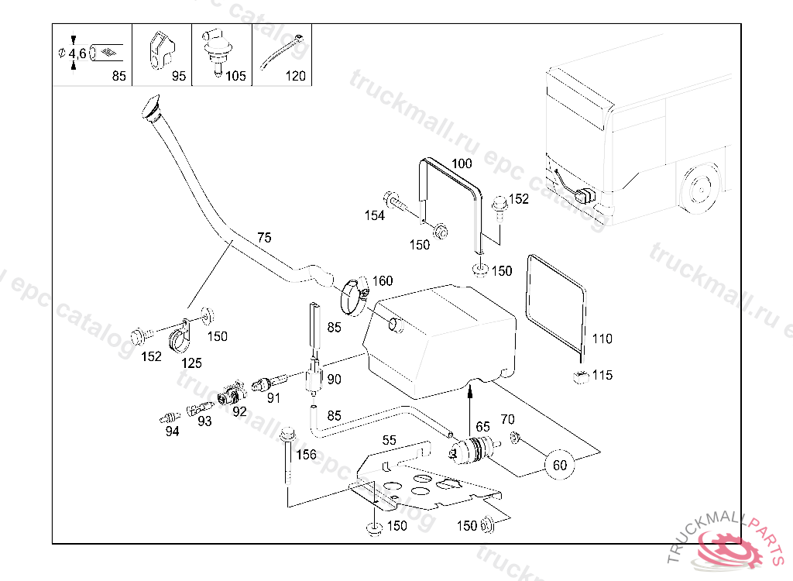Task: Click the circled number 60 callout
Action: coord(559,465)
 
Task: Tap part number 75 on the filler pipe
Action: coord(264,238)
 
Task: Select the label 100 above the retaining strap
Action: coord(462,163)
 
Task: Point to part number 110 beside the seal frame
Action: coord(602,339)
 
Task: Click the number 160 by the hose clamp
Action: coord(383,281)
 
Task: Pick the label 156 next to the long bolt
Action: coord(307,455)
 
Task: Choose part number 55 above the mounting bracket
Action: coord(389,440)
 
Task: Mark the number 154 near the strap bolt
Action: coord(375,216)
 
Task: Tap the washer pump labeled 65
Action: coord(472,449)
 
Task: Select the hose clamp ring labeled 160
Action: coord(354,295)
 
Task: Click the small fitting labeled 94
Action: coord(165,417)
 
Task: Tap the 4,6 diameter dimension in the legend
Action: coord(77,53)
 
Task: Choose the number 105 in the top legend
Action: coord(235,76)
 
